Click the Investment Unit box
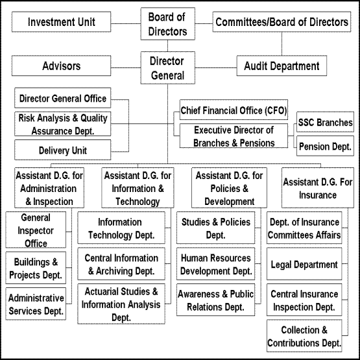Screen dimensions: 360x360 (x=62, y=22)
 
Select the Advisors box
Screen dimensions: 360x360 (x=62, y=66)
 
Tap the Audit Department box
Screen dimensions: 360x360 (x=282, y=66)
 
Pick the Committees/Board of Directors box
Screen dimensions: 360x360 (x=282, y=22)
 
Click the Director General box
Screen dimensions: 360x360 (x=167, y=67)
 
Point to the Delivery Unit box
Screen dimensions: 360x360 (x=63, y=150)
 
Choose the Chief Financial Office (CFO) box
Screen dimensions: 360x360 (x=234, y=110)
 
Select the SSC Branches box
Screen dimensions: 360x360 (x=325, y=122)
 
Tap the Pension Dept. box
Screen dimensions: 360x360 (x=325, y=146)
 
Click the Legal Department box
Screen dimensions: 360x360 (x=304, y=264)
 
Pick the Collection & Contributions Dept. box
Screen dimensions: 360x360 (x=304, y=335)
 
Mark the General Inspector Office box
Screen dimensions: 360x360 (x=36, y=230)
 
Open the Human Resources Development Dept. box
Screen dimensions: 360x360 (x=215, y=264)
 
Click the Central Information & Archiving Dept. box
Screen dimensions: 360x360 (x=121, y=264)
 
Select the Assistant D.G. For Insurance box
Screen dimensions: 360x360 (x=318, y=188)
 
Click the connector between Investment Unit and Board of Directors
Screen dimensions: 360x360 (x=126, y=23)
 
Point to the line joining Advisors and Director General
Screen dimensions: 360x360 (x=126, y=67)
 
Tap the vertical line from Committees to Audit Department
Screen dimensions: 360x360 (x=282, y=43)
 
